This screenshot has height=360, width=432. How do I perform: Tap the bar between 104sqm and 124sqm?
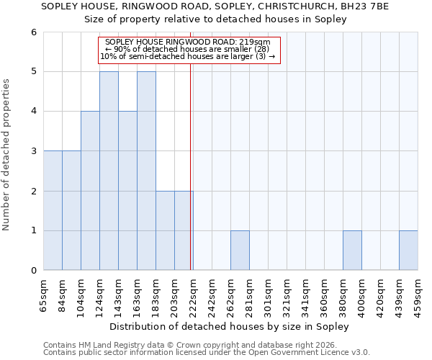(90, 191)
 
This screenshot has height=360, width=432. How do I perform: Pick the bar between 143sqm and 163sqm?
(127, 191)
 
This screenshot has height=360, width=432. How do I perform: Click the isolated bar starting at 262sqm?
(240, 251)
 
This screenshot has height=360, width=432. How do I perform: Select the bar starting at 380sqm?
(352, 251)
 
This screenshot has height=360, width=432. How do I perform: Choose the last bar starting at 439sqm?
(408, 251)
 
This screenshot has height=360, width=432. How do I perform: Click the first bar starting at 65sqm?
(53, 210)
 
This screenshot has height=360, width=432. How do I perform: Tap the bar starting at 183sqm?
(165, 230)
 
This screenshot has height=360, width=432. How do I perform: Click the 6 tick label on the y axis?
(33, 32)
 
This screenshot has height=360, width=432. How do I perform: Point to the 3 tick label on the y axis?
(33, 151)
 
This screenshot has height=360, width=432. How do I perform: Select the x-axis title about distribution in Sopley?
(230, 326)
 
